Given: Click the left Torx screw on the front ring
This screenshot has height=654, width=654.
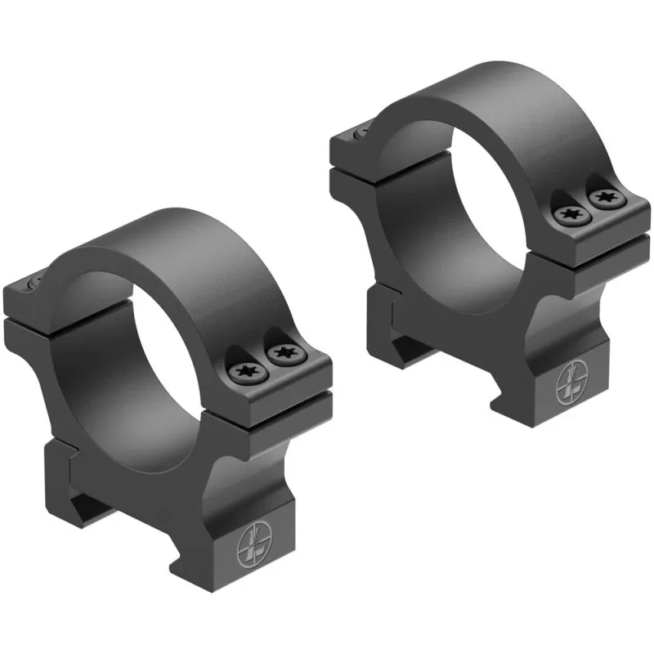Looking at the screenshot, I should (244, 372).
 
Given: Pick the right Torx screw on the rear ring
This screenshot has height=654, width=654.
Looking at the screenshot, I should (605, 198).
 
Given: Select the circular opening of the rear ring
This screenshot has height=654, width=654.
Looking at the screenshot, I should (458, 204).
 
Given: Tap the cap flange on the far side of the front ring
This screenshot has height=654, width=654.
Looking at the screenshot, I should (25, 294).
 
